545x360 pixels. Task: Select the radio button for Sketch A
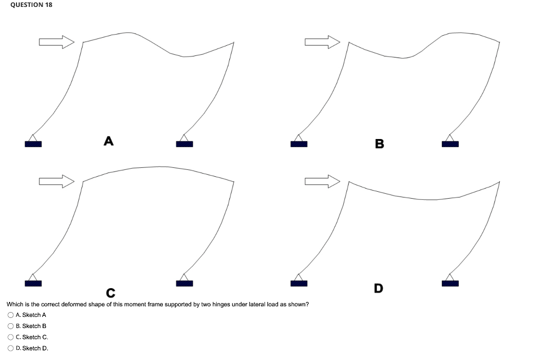11,315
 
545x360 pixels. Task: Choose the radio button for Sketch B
11,326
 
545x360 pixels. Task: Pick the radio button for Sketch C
11,337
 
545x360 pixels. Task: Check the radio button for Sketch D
11,348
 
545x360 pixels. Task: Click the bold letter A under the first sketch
109,141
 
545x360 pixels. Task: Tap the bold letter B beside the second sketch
379,144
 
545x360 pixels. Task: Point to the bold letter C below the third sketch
110,293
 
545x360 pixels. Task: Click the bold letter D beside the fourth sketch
378,289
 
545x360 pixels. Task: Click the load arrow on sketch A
56,42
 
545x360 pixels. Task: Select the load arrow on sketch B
322,42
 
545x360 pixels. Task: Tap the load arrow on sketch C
56,181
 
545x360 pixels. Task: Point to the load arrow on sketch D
322,181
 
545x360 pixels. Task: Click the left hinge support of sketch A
33,142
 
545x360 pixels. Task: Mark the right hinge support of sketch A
184,142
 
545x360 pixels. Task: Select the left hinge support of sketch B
299,142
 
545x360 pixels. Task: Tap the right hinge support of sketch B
450,142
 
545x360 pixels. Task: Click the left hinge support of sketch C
33,281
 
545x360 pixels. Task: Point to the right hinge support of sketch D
450,281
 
